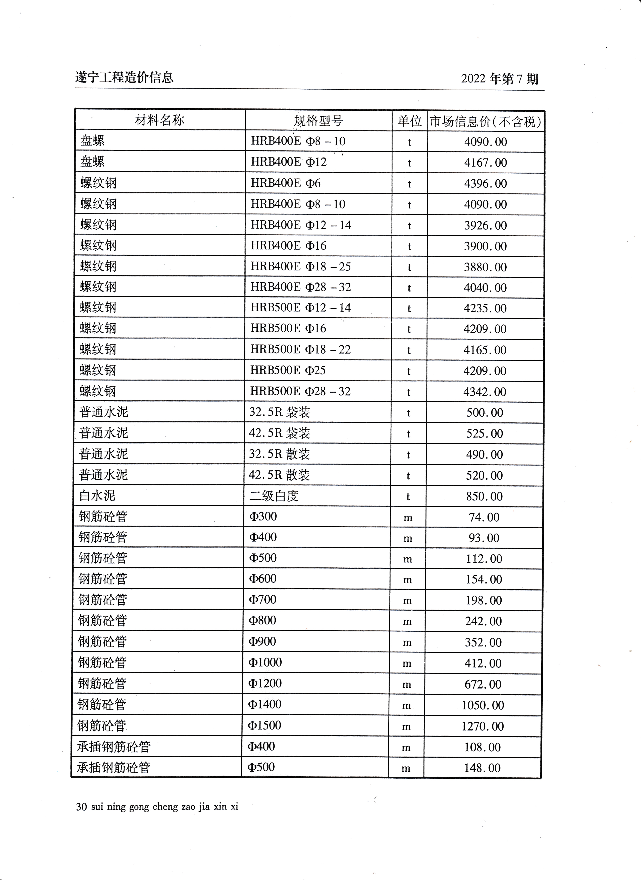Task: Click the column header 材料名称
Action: click(x=159, y=120)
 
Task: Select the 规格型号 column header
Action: click(x=318, y=121)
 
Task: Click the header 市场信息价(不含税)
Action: click(x=486, y=122)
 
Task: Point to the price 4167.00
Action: click(x=485, y=163)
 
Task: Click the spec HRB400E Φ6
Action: click(x=286, y=183)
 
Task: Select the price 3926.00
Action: click(x=485, y=226)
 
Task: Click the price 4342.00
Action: click(x=485, y=392)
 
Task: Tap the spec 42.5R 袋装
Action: click(x=279, y=433)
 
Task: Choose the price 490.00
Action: click(x=485, y=454)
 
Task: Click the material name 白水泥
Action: click(x=97, y=495)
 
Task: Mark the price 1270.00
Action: click(x=483, y=726)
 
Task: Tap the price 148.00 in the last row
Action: click(x=482, y=768)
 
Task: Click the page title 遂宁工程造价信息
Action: click(x=124, y=78)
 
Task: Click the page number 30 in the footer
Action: click(x=81, y=807)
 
